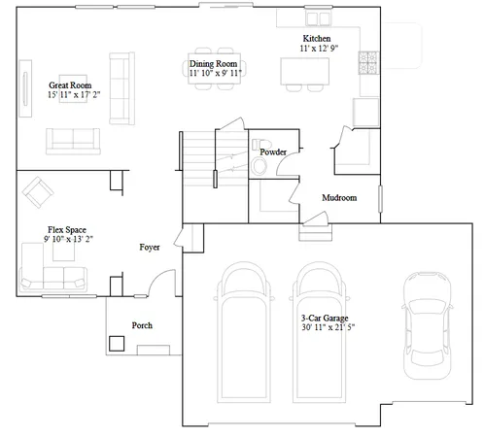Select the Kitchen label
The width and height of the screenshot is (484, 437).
pos(292,38)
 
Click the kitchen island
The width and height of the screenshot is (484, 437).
pos(305,72)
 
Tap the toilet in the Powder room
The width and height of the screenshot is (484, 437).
pos(259,168)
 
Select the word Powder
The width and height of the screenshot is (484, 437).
pos(273,152)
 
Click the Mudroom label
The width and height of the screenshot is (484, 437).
pos(339,198)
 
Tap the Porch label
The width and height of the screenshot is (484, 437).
pos(142,325)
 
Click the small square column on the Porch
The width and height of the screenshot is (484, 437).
pos(117,343)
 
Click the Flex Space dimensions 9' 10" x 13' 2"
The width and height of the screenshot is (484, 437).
pos(70,239)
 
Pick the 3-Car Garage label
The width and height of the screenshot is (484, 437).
pos(326,319)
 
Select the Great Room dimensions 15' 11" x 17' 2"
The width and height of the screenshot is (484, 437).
pos(69,96)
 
